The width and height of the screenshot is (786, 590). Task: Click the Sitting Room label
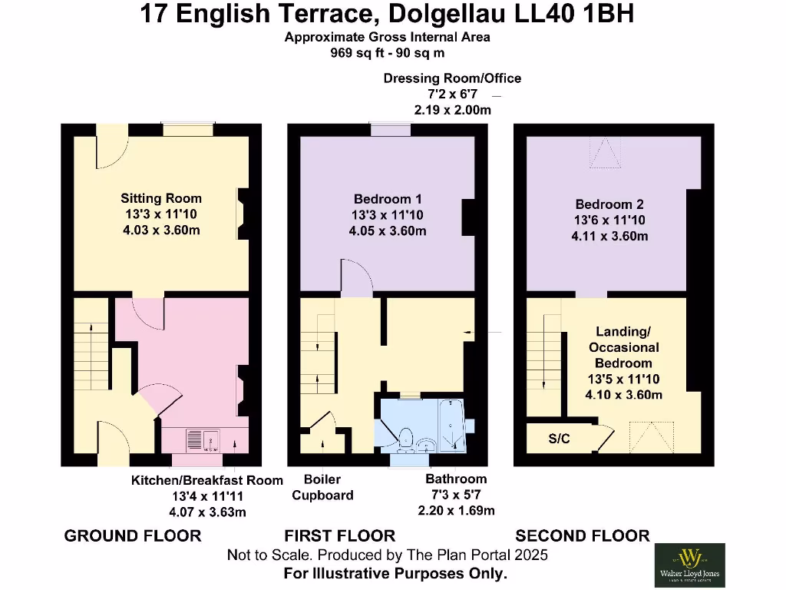point(161,199)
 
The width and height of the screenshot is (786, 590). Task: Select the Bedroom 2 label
point(609,204)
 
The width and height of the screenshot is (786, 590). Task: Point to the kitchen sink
point(203,440)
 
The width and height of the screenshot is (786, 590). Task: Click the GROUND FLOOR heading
point(133,535)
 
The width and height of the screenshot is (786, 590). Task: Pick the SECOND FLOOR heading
point(583,535)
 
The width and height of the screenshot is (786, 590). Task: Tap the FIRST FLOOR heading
point(340,535)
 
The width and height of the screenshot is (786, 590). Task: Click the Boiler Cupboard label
point(322,488)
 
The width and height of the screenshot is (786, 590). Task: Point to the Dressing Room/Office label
point(452,78)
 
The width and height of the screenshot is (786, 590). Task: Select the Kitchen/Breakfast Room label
point(207,480)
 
